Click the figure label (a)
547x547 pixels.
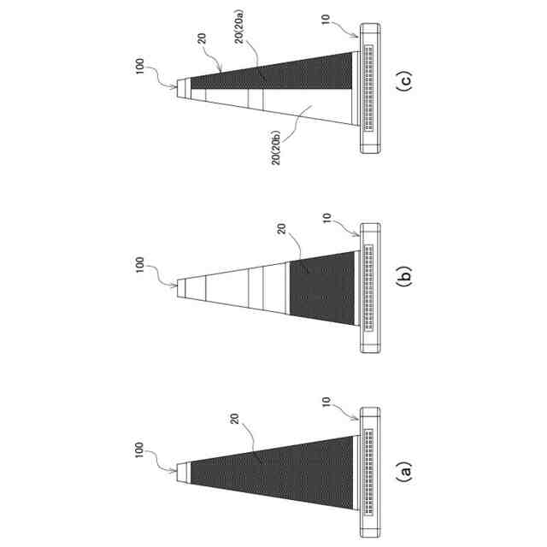coord(406,470)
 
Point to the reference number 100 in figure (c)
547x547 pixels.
coord(140,67)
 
